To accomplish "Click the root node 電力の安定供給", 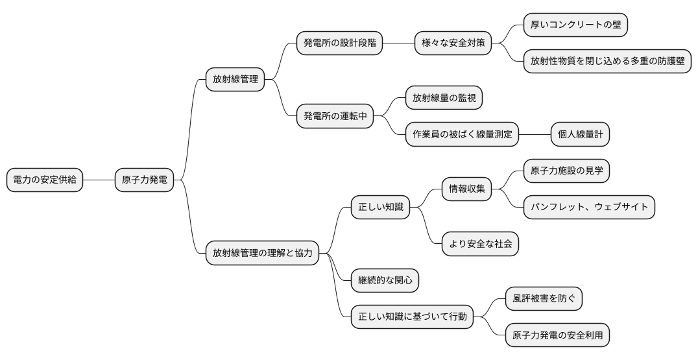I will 45,180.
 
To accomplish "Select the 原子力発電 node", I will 144,180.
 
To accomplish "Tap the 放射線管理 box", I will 235,80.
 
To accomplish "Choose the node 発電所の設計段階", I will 339,43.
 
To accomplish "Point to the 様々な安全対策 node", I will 453,43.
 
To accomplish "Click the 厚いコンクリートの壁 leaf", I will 575,25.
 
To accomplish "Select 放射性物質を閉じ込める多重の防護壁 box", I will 607,62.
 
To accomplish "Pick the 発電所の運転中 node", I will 335,116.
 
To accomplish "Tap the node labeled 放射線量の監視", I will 444,98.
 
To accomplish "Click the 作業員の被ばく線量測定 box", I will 463,134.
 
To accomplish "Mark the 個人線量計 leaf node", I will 580,134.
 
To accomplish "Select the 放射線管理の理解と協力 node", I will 262,253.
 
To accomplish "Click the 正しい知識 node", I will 380,208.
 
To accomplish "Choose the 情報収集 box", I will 466,189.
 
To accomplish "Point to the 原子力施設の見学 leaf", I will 566,171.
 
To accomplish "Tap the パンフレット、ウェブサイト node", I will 589,208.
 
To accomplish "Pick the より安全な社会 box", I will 480,244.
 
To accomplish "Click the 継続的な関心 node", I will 385,280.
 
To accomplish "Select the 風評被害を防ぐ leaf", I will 544,298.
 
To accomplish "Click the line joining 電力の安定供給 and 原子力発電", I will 99,180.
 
